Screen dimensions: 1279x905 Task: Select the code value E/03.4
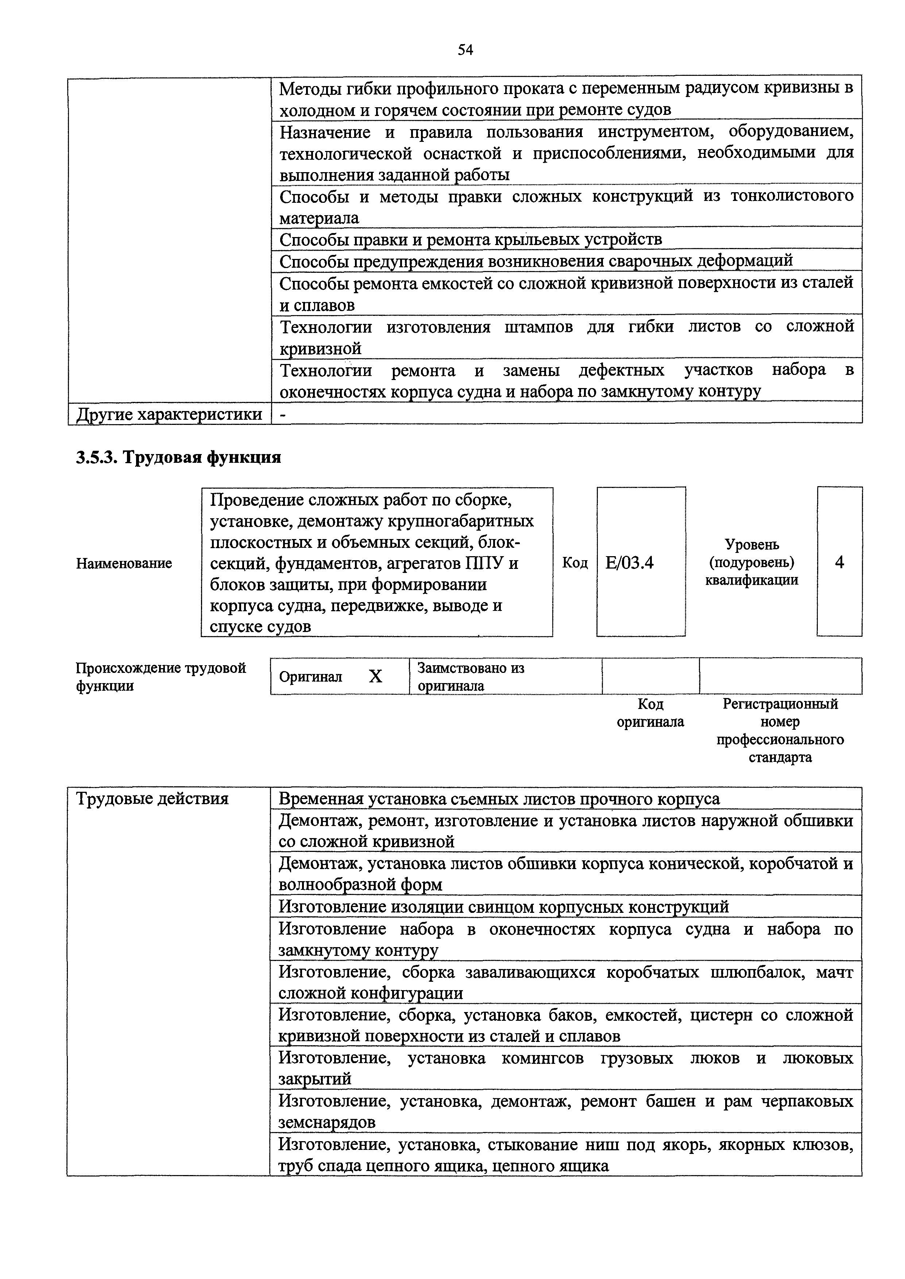coord(629,563)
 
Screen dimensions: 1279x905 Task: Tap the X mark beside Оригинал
coord(376,676)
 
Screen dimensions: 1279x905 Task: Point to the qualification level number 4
coord(839,562)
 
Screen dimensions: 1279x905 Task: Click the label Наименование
coord(124,563)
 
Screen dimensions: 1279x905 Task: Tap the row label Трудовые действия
coord(152,798)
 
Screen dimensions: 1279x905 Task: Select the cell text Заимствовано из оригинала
coord(471,676)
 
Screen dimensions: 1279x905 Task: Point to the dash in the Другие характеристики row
coord(283,414)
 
